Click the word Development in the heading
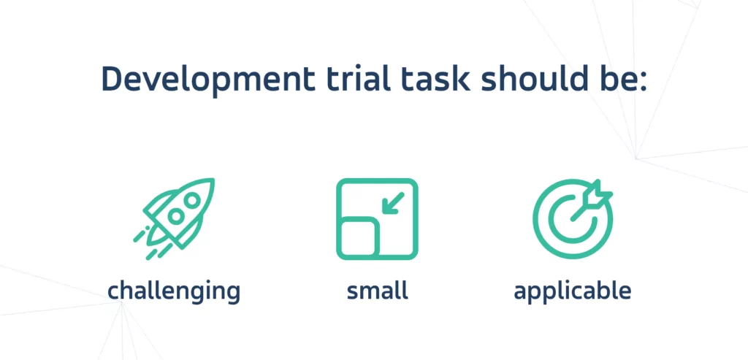[x=208, y=79]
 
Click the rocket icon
[x=174, y=218]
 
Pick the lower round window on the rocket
[x=176, y=217]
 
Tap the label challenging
[x=174, y=291]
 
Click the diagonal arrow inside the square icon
[x=393, y=203]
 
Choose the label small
[x=378, y=291]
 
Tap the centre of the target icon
[x=573, y=220]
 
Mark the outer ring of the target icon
[x=535, y=219]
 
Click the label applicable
[x=573, y=291]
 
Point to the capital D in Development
[x=113, y=79]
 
